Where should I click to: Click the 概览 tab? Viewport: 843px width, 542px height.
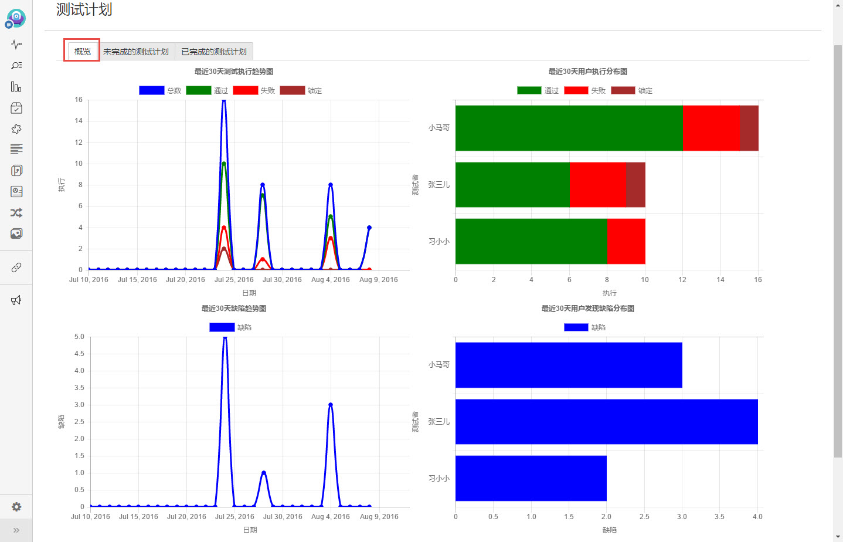(83, 51)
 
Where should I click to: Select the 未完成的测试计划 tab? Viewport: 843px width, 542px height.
(136, 51)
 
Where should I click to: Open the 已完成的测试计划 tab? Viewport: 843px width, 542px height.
(214, 51)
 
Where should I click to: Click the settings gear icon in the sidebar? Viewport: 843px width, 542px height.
(16, 507)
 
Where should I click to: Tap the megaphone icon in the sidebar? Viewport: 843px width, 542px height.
(16, 300)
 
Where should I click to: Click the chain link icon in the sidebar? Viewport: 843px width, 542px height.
(16, 267)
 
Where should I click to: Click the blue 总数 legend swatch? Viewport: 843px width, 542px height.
(151, 90)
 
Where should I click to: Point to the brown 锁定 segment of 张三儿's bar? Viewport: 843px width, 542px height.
(635, 185)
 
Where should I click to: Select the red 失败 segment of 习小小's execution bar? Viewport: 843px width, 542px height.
(626, 242)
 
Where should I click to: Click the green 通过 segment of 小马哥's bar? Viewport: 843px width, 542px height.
(569, 128)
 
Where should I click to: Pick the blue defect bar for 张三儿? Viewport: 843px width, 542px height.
(607, 422)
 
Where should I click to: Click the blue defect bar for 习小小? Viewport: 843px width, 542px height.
(531, 478)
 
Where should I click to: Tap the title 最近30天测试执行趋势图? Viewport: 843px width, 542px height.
(234, 72)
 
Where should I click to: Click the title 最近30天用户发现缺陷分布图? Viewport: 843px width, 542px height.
(588, 309)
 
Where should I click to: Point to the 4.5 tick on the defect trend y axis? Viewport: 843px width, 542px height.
(79, 354)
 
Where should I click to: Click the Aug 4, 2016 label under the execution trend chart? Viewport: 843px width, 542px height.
(331, 279)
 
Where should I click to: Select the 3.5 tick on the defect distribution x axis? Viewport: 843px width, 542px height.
(719, 516)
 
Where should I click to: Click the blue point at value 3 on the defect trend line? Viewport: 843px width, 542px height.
(331, 405)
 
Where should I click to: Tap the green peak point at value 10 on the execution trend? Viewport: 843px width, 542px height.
(224, 164)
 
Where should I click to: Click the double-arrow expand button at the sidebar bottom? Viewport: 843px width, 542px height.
(16, 530)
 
